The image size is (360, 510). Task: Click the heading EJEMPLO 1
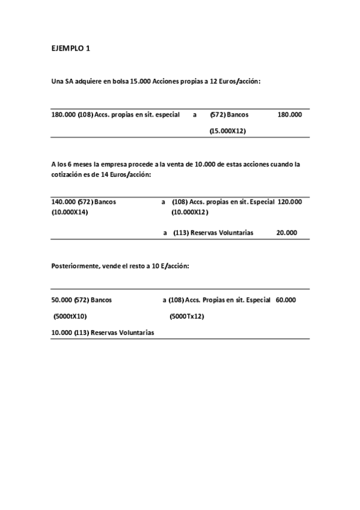pos(70,49)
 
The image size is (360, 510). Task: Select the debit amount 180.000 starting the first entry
pos(63,114)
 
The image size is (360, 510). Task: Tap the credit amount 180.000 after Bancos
pos(290,114)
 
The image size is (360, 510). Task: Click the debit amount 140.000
pos(63,202)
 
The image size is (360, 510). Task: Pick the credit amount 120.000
pos(290,202)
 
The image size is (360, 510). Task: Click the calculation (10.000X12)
pos(190,212)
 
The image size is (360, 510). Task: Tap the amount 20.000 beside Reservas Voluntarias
pos(286,232)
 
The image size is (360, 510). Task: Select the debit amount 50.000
pos(61,299)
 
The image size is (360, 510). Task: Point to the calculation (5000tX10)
pos(70,316)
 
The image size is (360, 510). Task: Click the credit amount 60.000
pos(285,299)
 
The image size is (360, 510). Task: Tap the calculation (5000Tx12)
pos(187,316)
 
